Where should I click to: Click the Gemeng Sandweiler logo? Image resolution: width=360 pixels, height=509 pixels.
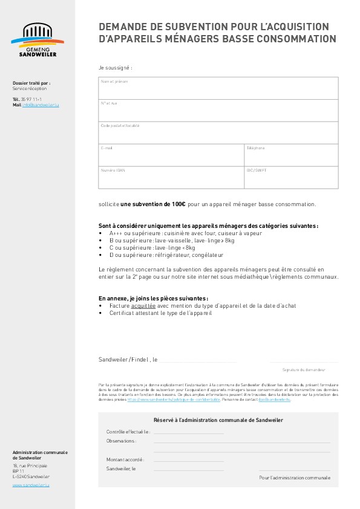tap(38, 41)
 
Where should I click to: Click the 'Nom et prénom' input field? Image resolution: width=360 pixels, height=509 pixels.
tap(218, 88)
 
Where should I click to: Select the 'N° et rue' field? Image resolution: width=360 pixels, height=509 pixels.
tap(218, 111)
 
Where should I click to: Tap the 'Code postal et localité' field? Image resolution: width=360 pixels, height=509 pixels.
tap(218, 133)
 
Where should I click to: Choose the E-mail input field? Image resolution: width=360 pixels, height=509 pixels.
tap(171, 155)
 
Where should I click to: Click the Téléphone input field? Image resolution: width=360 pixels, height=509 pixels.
tap(291, 155)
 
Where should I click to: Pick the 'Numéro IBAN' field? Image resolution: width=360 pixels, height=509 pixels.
tap(171, 178)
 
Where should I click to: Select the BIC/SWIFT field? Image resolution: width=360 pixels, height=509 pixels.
tap(291, 178)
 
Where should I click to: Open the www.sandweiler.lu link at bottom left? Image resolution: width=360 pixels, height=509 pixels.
tap(30, 485)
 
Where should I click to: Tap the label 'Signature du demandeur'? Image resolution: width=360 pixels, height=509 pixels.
tap(304, 369)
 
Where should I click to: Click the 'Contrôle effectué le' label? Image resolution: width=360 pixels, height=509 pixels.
tap(128, 432)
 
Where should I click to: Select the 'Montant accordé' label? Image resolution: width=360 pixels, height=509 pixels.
tap(125, 459)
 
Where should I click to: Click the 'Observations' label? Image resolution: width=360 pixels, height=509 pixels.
tap(122, 441)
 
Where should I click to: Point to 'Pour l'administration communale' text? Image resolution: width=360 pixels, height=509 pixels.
tap(295, 478)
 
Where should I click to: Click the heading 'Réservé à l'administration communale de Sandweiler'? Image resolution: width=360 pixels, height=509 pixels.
tap(218, 420)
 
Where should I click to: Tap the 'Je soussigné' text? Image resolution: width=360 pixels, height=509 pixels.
tap(115, 68)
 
